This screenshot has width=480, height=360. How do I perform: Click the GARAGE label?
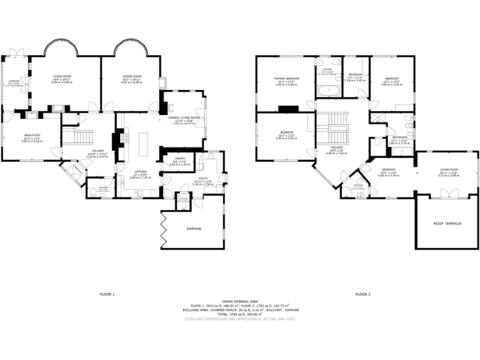click(194, 229)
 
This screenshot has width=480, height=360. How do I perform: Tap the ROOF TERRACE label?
click(447, 223)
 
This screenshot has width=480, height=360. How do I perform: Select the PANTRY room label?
click(179, 159)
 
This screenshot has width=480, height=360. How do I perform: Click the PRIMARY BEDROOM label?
click(287, 78)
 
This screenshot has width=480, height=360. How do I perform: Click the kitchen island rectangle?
click(142, 143)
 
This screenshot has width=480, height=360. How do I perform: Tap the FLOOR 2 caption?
click(363, 294)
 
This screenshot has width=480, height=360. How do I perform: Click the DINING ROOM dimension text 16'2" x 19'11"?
click(132, 79)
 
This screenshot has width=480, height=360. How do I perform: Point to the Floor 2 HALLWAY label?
click(337, 147)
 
